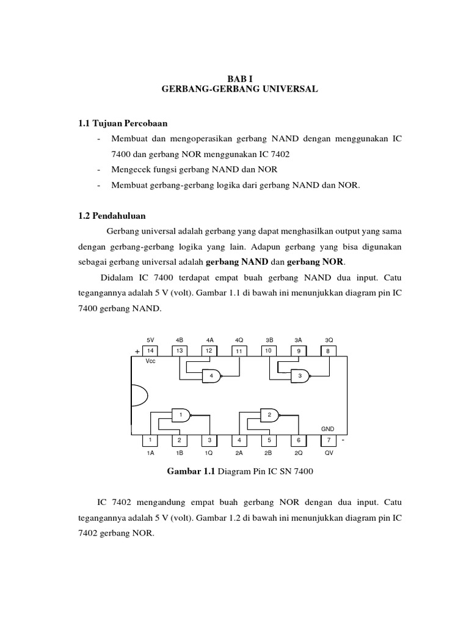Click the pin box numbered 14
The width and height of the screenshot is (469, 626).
150,351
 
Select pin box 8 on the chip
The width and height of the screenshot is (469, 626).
329,351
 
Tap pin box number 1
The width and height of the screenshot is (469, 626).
150,440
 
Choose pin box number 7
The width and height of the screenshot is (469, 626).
329,440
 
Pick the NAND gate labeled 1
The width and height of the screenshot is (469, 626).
181,415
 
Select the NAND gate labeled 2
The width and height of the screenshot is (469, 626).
269,415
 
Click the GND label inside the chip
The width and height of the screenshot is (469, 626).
329,429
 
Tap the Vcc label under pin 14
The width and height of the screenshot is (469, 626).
151,361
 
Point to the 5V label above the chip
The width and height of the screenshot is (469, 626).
151,339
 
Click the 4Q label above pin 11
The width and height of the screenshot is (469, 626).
239,339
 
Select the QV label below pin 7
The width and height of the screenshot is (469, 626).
329,453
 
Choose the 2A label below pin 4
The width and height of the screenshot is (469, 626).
239,453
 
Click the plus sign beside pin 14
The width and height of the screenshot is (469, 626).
137,352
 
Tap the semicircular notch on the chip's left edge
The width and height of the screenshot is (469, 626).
139,396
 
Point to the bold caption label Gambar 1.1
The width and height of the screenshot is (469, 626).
191,471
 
